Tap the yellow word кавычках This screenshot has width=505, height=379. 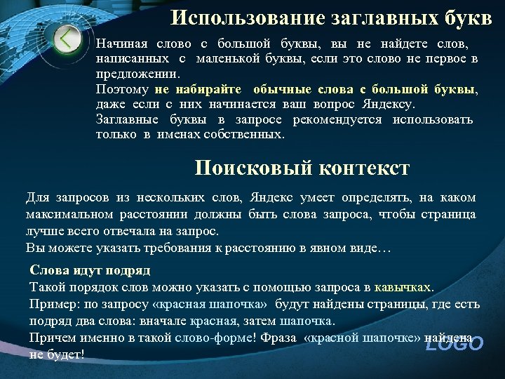[404, 287]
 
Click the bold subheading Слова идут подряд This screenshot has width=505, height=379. [90, 270]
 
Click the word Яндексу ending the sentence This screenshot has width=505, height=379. [389, 105]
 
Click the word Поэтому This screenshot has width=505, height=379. [122, 90]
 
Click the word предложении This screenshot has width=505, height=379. [137, 74]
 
